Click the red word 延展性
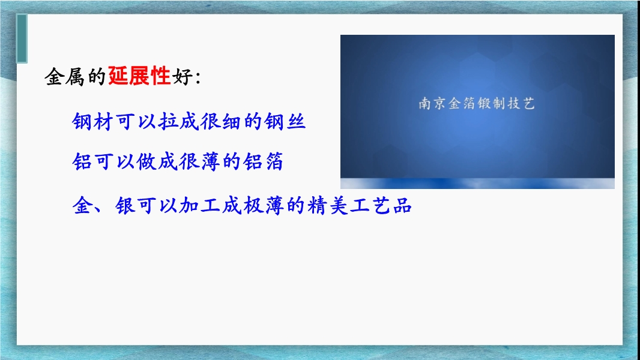click(x=139, y=76)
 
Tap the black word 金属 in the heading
click(x=65, y=77)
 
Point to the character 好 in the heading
click(x=182, y=77)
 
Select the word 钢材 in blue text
click(x=92, y=121)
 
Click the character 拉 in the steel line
click(x=168, y=121)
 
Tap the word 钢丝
click(x=285, y=121)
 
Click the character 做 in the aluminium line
click(x=146, y=161)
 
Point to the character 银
click(x=125, y=205)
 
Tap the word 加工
click(x=199, y=205)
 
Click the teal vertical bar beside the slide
click(x=22, y=39)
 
